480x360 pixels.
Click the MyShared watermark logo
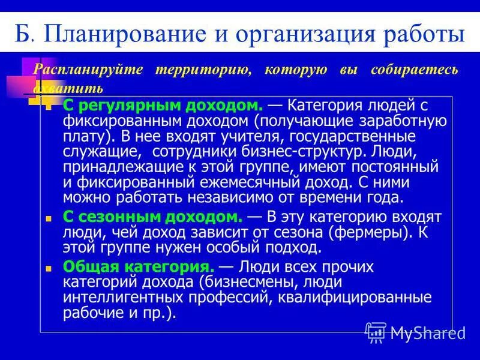point(415,332)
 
